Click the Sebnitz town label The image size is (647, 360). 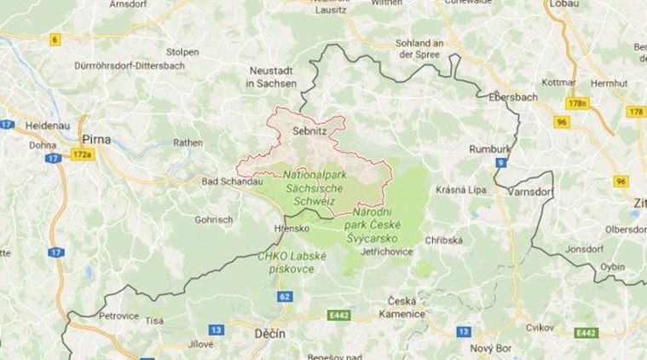(309, 132)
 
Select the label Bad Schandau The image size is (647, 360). (230, 182)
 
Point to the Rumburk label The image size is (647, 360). (489, 149)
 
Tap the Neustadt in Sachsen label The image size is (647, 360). (272, 77)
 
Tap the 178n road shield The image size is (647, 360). (580, 103)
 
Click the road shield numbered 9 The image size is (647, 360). (503, 162)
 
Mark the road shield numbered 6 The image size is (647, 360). (55, 39)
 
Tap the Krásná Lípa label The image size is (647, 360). (460, 189)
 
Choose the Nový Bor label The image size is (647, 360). (491, 347)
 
